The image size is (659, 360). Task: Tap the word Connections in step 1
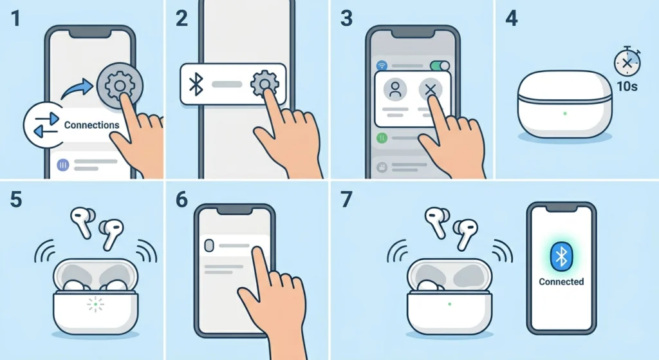pos(91,125)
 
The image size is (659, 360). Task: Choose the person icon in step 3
pos(396,90)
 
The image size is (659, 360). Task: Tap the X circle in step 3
pos(431,90)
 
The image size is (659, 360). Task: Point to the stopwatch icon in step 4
pos(626,63)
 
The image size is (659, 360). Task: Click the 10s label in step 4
pos(626,86)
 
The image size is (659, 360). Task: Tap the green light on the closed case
pos(565,114)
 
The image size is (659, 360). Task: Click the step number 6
pos(181,200)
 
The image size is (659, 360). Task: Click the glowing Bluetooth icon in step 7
pos(561,257)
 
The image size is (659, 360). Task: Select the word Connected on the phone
pos(561,281)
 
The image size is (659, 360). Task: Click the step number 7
pos(346,200)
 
